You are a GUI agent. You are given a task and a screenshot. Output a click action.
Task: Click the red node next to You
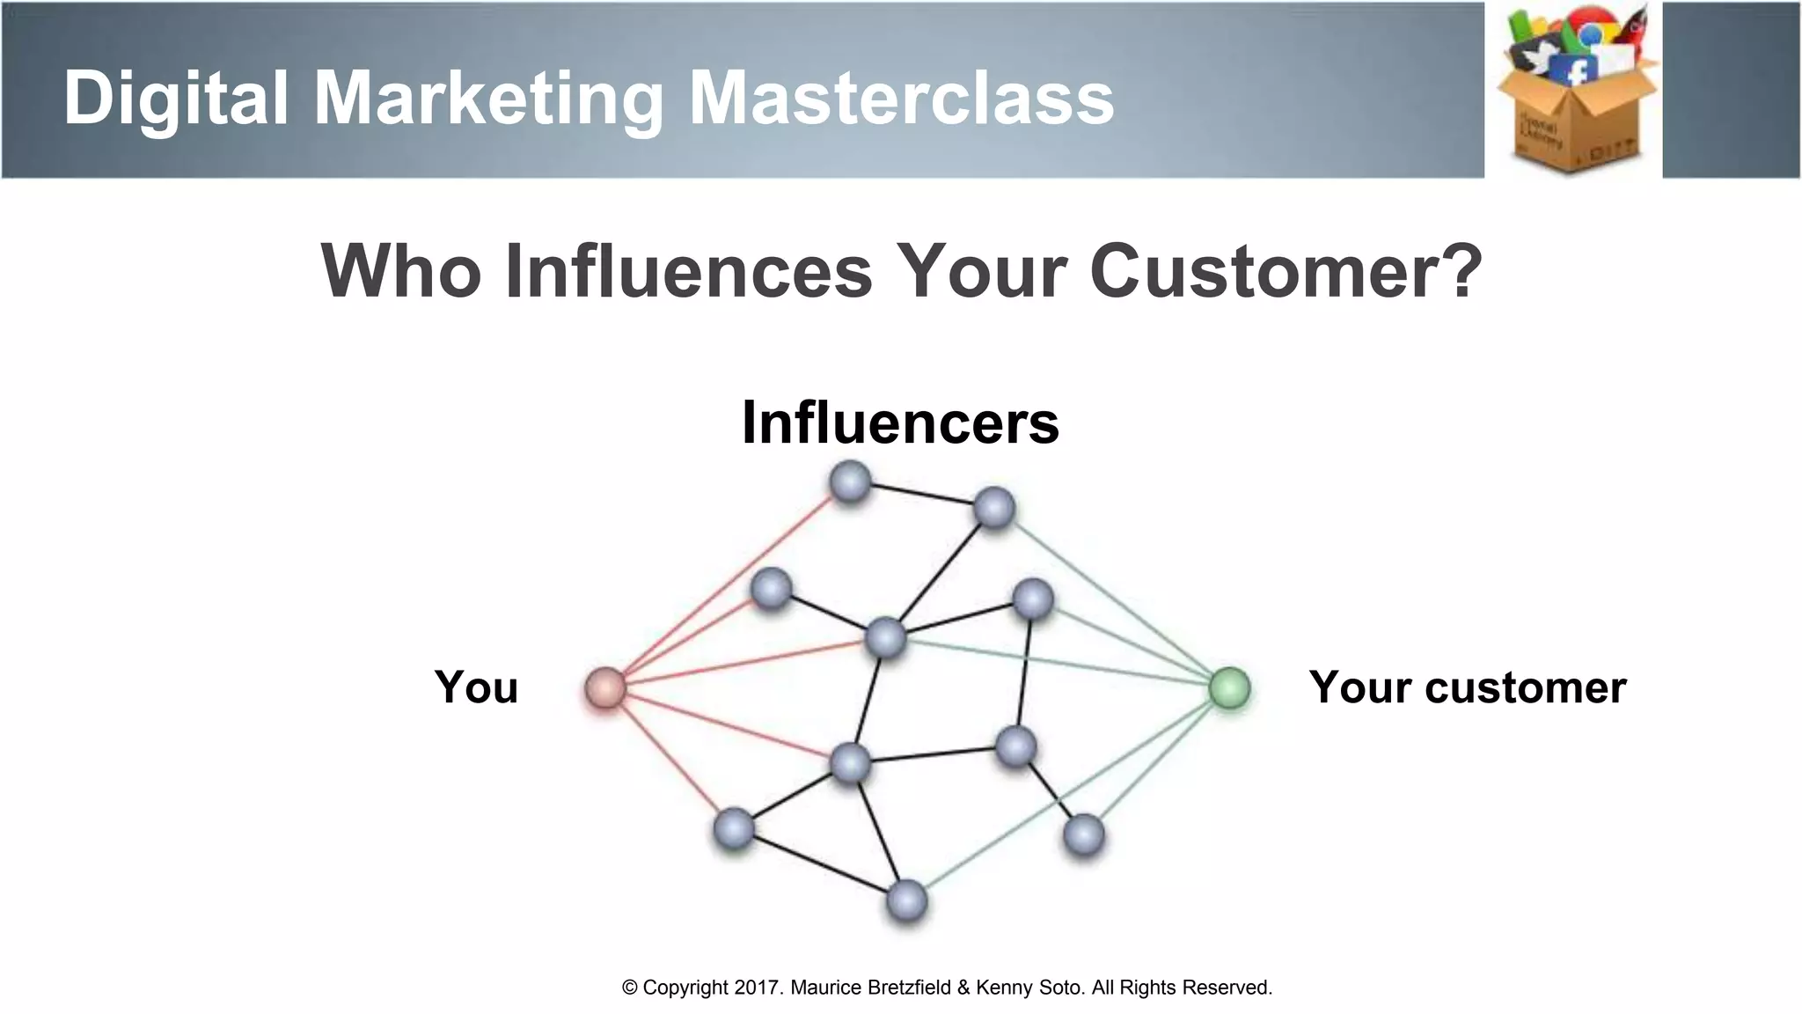pos(605,687)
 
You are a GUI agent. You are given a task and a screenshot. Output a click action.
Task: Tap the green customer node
pos(1229,687)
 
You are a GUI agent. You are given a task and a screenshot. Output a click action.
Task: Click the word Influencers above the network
pos(900,422)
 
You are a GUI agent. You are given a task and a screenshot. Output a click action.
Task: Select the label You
pos(476,687)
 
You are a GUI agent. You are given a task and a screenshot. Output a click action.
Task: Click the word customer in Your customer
pos(1525,687)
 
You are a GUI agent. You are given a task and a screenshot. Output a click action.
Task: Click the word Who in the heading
pos(400,269)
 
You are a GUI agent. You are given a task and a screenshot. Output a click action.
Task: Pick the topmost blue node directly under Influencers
pos(850,482)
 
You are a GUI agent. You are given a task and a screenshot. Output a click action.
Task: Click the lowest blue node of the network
pos(906,901)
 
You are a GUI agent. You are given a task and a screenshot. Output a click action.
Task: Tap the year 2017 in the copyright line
pos(758,988)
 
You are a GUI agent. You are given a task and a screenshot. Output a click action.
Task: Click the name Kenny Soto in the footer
pos(1029,988)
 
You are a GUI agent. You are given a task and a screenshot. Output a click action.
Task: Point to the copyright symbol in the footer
pos(630,988)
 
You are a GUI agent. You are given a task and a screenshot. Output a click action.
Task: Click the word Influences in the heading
pos(689,269)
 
